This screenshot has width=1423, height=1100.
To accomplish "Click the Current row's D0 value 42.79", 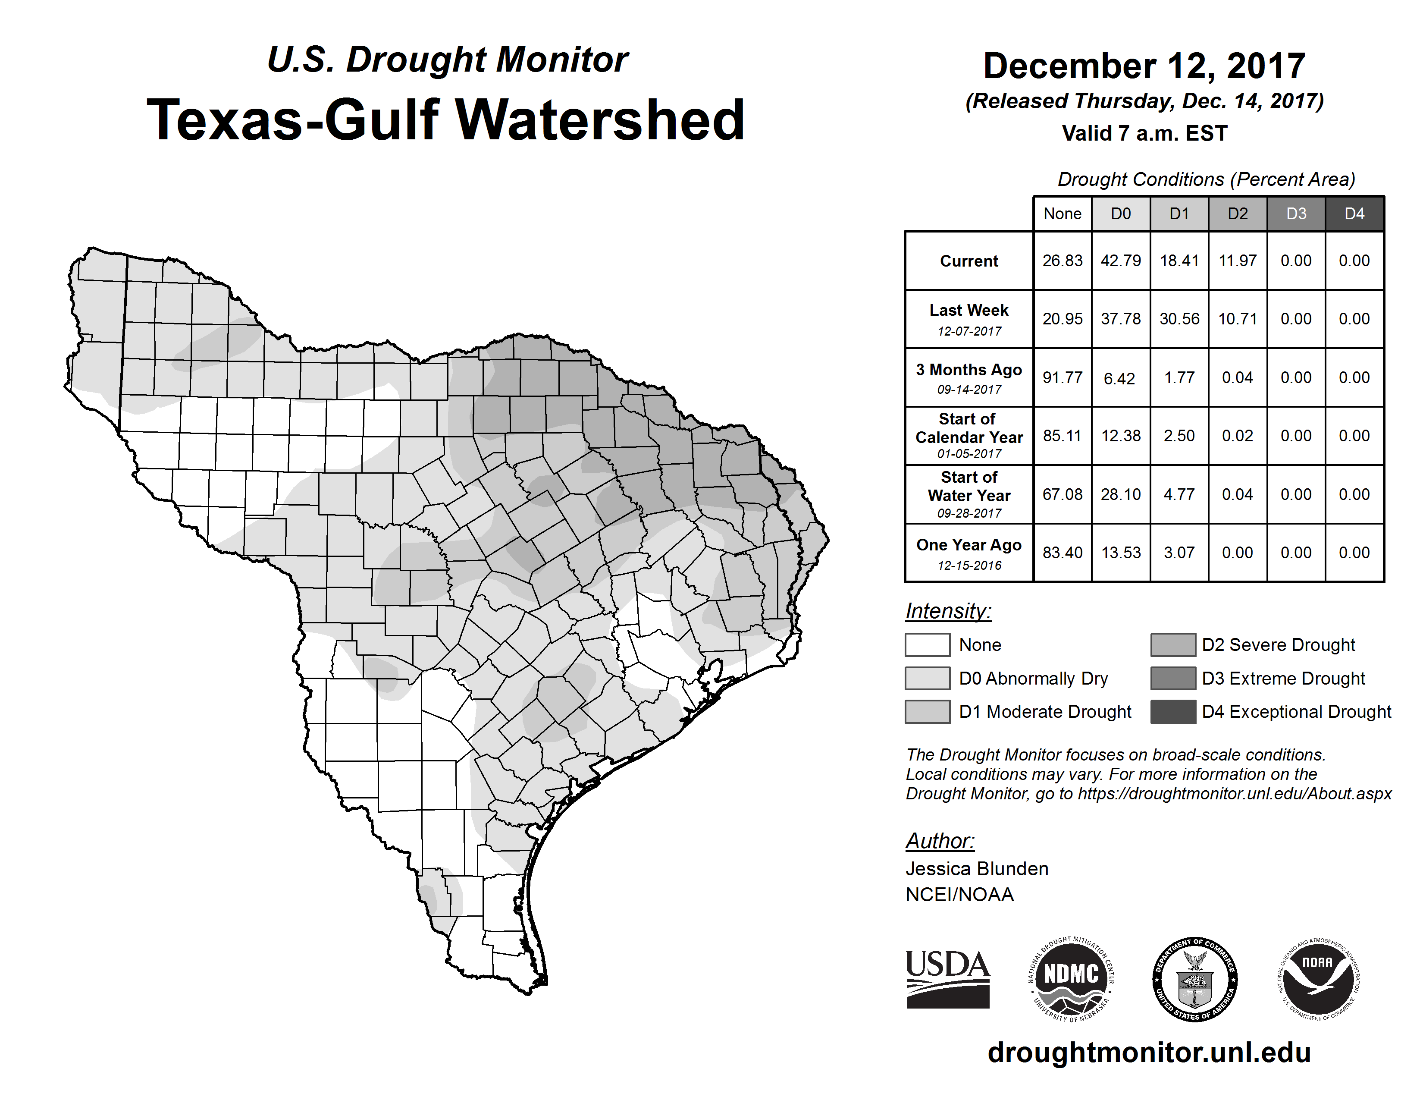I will (1121, 261).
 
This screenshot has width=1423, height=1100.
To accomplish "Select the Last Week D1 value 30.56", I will (1179, 319).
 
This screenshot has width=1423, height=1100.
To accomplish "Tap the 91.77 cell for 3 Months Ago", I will (1062, 377).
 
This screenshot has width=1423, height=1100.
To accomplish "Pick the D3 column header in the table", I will (1296, 214).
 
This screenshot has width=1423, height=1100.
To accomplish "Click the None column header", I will (1062, 214).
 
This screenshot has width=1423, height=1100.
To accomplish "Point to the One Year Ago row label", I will (969, 553).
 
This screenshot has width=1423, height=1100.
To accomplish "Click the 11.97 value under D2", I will (1237, 261).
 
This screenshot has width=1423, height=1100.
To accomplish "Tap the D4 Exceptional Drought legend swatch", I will (1173, 712).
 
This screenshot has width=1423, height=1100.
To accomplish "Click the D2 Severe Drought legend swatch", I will (1173, 644).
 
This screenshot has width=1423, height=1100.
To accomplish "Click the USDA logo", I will (947, 979).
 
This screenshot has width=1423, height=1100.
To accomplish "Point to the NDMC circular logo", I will (1071, 979).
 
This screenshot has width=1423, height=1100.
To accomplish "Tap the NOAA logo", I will (1318, 979).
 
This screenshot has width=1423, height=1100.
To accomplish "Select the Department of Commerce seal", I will (1195, 979).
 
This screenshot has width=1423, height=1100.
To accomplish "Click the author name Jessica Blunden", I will (977, 869).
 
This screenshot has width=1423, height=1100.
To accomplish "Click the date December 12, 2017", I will (1144, 66).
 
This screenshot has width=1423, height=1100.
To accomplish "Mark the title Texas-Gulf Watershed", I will (446, 120).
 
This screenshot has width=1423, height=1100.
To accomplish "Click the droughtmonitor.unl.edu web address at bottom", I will (1149, 1053).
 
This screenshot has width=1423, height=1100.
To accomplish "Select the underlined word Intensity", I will (948, 611).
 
